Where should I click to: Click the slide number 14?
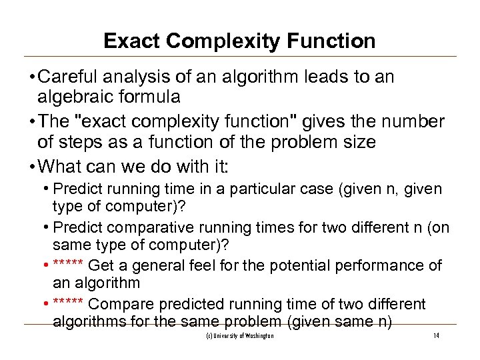pos(436,336)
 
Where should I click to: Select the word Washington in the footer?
pos(259,336)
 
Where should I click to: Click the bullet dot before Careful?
pos(41,77)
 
